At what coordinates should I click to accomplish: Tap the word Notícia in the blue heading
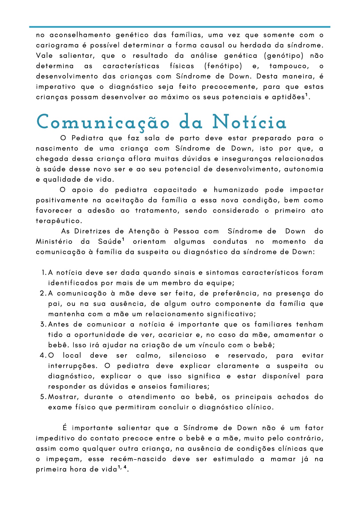(x=250, y=122)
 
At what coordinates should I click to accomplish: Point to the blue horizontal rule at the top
(x=180, y=26)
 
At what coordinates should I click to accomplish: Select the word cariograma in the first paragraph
(x=57, y=45)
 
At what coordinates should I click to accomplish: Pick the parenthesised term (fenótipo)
(x=223, y=66)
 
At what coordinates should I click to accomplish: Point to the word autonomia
(x=304, y=169)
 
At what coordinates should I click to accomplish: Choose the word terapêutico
(x=58, y=221)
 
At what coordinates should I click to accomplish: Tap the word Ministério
(x=54, y=242)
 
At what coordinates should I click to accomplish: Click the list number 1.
(x=44, y=273)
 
